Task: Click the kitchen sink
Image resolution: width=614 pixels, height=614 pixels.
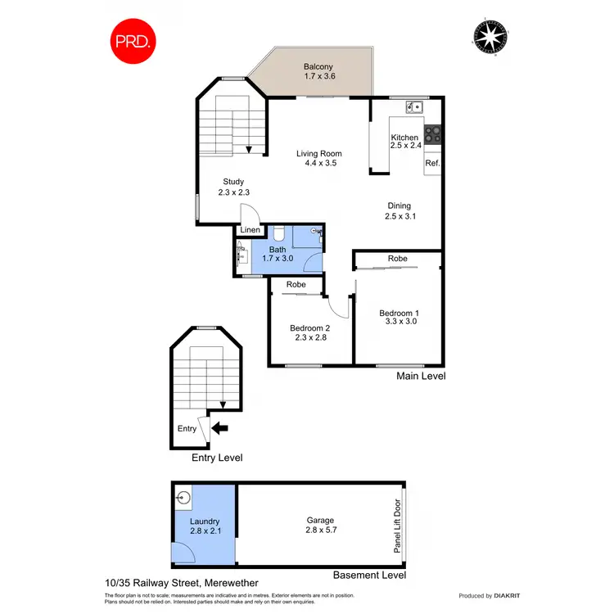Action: [415, 106]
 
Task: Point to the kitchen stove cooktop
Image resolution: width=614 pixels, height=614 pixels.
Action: [433, 135]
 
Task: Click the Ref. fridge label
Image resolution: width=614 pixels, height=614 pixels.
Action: [432, 163]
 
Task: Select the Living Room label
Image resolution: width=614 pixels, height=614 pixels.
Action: [318, 154]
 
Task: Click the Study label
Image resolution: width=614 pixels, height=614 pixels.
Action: [233, 183]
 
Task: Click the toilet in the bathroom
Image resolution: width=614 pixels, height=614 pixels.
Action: [278, 233]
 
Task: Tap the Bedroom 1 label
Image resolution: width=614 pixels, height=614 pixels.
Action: [399, 313]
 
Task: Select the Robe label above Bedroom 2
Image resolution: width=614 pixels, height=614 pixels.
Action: [296, 285]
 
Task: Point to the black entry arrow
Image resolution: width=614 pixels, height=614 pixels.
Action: [220, 427]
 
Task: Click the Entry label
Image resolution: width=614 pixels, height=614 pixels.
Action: [187, 428]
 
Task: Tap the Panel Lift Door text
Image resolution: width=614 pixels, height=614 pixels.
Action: [398, 526]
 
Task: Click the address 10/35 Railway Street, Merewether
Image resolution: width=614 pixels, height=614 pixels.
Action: [164, 583]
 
